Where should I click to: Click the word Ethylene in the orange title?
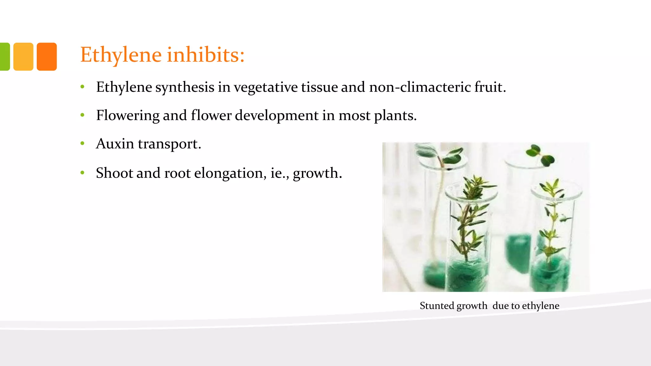(121, 55)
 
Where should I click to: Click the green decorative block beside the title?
(4, 57)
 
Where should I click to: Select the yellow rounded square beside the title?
(23, 57)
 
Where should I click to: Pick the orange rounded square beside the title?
(47, 57)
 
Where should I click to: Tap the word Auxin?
(115, 144)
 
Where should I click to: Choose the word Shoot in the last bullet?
(114, 173)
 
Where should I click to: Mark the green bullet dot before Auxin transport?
(82, 144)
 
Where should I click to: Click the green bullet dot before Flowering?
(82, 115)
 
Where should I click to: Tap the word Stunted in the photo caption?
(436, 306)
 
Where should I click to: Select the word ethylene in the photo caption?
(540, 306)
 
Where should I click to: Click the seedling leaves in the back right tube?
(540, 154)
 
